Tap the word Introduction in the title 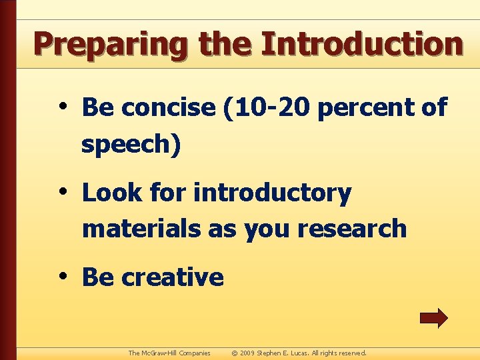click(x=362, y=44)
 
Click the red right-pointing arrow click(x=433, y=318)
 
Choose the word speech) click(x=131, y=144)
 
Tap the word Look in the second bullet click(x=111, y=193)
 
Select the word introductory click(x=272, y=193)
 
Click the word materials click(x=141, y=228)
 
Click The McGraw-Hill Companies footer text click(x=169, y=353)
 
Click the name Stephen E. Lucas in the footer click(x=289, y=353)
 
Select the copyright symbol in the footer click(x=234, y=353)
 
